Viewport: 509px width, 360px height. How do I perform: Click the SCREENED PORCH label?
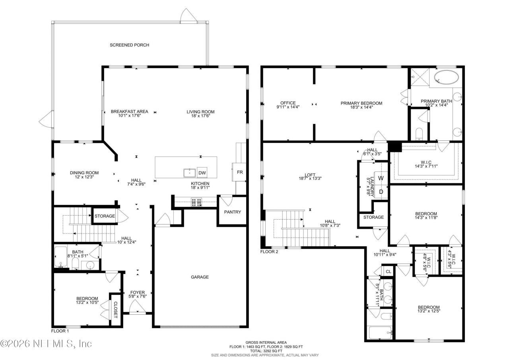(129, 45)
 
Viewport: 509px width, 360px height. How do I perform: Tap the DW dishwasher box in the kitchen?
(202, 173)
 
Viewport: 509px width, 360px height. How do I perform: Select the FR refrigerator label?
(240, 172)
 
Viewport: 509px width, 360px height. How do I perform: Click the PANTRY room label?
(232, 212)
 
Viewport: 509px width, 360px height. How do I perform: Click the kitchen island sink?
(189, 173)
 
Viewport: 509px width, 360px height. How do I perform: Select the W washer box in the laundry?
(381, 178)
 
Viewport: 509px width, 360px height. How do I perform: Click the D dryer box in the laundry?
(381, 192)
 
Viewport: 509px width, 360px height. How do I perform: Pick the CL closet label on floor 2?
(389, 272)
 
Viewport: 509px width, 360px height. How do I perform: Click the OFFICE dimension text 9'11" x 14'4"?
(288, 107)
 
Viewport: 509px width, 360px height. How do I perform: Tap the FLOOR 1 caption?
(60, 331)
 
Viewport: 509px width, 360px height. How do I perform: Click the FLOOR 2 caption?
(269, 252)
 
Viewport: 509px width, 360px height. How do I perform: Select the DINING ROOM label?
(84, 173)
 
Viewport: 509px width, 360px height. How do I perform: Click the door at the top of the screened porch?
(187, 16)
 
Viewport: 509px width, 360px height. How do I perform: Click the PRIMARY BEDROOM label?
(361, 103)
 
